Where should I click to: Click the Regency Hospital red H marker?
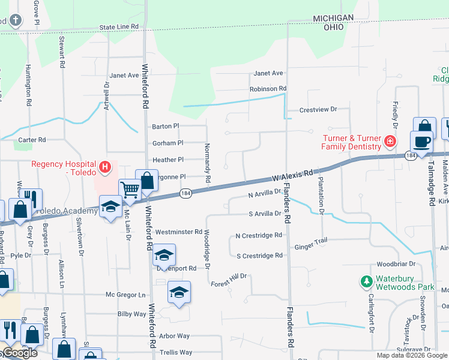point(105,166)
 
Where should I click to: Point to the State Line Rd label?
point(119,27)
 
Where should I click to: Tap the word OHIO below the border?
point(334,28)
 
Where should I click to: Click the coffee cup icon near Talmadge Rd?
point(421,142)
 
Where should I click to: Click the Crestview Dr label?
point(319,110)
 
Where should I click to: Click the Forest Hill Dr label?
point(229,276)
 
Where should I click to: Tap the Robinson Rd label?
point(268,89)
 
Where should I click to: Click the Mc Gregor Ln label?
point(125,295)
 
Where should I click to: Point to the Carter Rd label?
point(32,140)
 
